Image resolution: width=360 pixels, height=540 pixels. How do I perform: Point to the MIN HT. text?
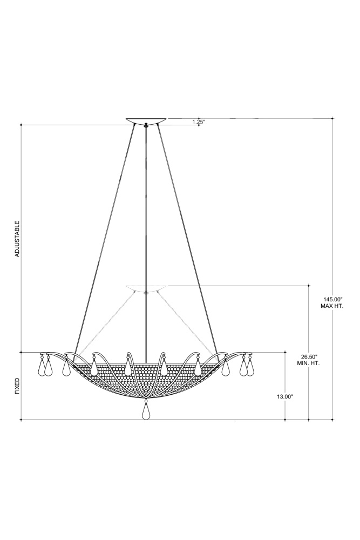308,363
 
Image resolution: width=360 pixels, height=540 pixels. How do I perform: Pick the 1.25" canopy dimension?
199,122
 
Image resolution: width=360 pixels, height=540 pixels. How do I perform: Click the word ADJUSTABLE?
18,239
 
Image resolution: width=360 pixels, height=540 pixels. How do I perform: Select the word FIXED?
18,386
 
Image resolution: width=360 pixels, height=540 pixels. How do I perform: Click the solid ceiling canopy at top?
146,120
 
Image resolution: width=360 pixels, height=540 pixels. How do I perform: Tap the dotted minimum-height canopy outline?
146,288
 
